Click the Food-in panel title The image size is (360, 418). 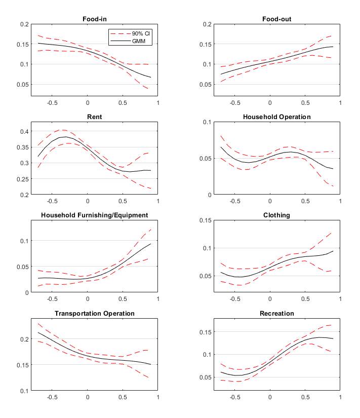(94, 19)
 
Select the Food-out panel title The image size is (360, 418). (276, 19)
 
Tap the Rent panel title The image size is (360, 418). (94, 117)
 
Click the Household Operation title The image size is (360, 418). (276, 117)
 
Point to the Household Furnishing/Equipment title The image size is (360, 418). (94, 215)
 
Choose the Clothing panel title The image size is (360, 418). (276, 215)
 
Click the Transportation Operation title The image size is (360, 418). (94, 313)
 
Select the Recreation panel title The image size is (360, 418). (276, 313)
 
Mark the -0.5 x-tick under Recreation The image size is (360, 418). (234, 397)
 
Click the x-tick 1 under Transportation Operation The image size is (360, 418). (157, 397)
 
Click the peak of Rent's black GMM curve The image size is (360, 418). (66, 137)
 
